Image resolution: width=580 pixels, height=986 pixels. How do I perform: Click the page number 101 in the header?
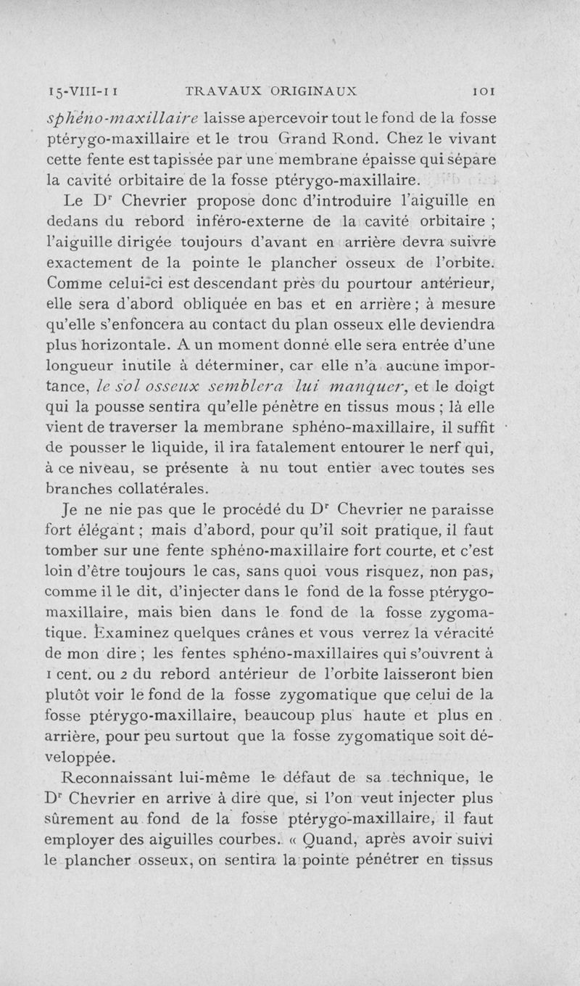pyautogui.click(x=482, y=92)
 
